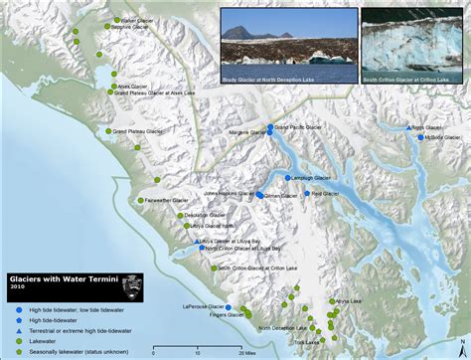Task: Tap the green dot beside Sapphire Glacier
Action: point(110,28)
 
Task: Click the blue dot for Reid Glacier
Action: point(307,194)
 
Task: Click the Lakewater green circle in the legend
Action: point(18,340)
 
